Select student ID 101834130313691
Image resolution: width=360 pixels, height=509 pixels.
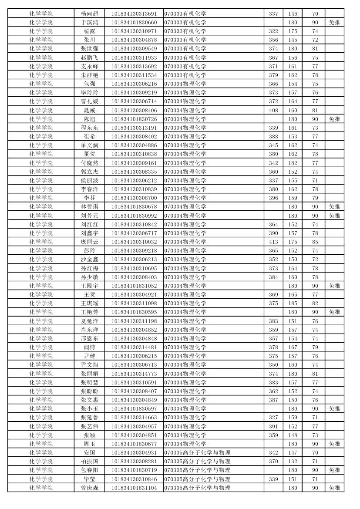pos(134,13)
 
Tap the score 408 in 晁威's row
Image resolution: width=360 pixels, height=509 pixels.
pos(273,110)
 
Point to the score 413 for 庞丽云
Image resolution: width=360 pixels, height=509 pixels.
pos(273,242)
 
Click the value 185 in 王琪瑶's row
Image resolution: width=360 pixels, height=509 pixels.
pos(293,303)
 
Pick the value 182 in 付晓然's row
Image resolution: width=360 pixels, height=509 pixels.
pos(293,163)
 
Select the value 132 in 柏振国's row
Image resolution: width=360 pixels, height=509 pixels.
pos(293,461)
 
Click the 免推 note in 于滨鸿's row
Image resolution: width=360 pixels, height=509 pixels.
pos(334,22)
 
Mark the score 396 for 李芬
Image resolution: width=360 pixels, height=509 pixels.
pos(273,198)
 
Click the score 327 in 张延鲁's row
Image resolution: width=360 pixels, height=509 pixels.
pos(273,417)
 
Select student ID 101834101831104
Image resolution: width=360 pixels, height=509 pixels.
pos(134,488)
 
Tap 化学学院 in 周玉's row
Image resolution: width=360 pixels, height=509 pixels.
pos(41,444)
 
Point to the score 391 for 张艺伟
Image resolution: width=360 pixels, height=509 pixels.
pos(273,426)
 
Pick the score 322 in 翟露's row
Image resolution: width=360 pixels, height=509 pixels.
pos(273,31)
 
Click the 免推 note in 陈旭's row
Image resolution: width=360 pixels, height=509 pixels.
pos(334,119)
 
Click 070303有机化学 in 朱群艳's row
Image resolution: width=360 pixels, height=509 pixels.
pos(185,75)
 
